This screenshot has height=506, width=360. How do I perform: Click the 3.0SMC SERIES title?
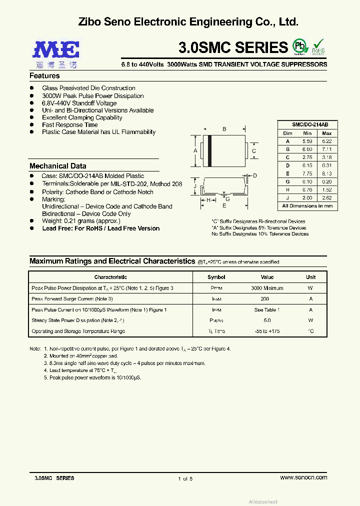tap(233, 47)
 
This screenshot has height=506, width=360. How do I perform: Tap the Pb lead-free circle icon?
tap(300, 46)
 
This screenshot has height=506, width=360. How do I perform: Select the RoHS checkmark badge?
tap(318, 46)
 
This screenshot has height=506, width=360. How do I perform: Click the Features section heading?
tap(44, 76)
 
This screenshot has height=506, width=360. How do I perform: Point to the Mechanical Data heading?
tap(57, 166)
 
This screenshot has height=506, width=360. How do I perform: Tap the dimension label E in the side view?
tap(224, 205)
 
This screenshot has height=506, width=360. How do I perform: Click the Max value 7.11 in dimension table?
tap(326, 149)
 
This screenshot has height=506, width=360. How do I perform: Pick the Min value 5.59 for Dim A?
tap(307, 141)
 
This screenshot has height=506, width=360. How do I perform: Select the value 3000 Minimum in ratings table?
tap(267, 288)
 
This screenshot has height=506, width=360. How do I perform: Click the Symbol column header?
tap(216, 277)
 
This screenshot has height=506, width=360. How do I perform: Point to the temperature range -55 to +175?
tap(267, 331)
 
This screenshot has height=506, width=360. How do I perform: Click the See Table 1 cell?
tap(267, 310)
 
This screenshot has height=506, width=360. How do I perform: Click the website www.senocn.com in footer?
tap(303, 477)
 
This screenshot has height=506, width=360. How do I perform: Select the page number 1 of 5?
tap(185, 478)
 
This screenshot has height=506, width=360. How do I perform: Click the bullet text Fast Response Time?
tap(69, 125)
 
